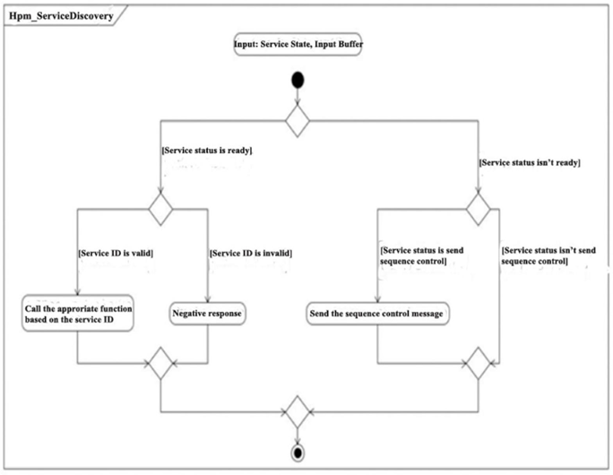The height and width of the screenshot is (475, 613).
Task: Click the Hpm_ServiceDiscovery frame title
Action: (x=61, y=16)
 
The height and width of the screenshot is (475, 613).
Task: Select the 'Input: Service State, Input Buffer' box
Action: (x=298, y=44)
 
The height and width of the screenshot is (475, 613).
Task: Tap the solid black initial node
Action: (x=298, y=80)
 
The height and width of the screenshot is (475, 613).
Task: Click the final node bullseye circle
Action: (x=298, y=453)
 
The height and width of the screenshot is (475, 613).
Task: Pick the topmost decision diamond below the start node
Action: (x=298, y=120)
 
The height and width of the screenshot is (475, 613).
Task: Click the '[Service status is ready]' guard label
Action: (x=207, y=151)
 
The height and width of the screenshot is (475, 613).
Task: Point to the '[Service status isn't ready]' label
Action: (x=530, y=162)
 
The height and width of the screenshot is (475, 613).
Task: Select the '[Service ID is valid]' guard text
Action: (x=116, y=254)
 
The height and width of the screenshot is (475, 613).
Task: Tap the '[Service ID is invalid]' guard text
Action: (x=251, y=254)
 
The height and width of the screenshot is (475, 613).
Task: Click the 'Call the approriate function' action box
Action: (x=78, y=314)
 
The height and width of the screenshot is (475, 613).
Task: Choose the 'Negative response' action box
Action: (x=207, y=314)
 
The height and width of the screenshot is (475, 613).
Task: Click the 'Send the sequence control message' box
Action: (x=377, y=314)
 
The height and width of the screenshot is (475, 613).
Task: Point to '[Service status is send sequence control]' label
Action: (x=422, y=255)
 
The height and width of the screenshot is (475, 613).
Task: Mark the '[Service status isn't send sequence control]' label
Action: (x=548, y=255)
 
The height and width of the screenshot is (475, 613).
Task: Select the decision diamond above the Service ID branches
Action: (x=160, y=209)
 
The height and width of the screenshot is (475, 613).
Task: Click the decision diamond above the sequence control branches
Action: (x=479, y=209)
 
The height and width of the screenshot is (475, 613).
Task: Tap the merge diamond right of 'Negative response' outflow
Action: (x=160, y=363)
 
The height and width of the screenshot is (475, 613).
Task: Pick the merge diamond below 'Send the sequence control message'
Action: (x=479, y=363)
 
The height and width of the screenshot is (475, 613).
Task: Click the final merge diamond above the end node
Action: (x=298, y=411)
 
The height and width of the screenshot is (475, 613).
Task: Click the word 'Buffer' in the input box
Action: (x=350, y=44)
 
